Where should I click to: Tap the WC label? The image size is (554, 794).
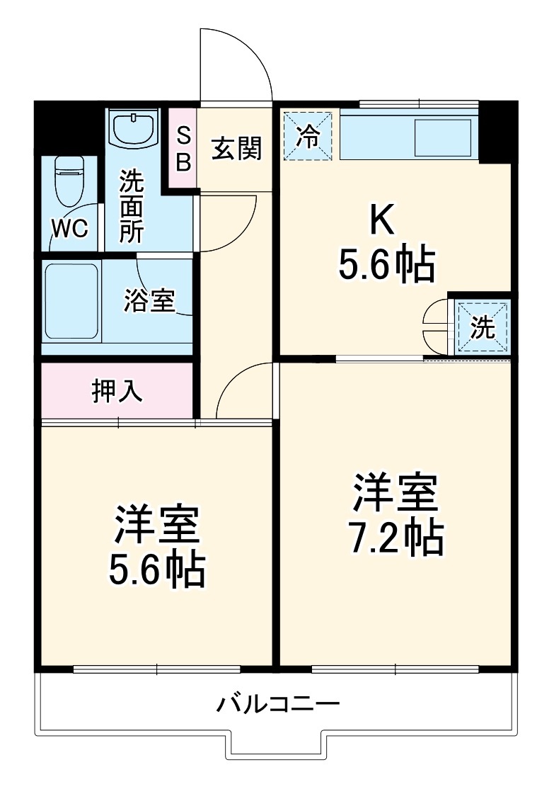pyautogui.click(x=69, y=228)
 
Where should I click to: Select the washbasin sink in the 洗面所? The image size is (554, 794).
pyautogui.click(x=134, y=128)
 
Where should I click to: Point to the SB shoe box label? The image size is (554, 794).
pyautogui.click(x=183, y=149)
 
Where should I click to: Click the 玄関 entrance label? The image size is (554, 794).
pyautogui.click(x=236, y=148)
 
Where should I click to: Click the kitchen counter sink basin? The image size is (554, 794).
pyautogui.click(x=443, y=137)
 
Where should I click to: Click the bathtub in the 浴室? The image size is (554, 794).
pyautogui.click(x=71, y=302)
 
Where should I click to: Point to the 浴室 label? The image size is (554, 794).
pyautogui.click(x=149, y=301)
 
